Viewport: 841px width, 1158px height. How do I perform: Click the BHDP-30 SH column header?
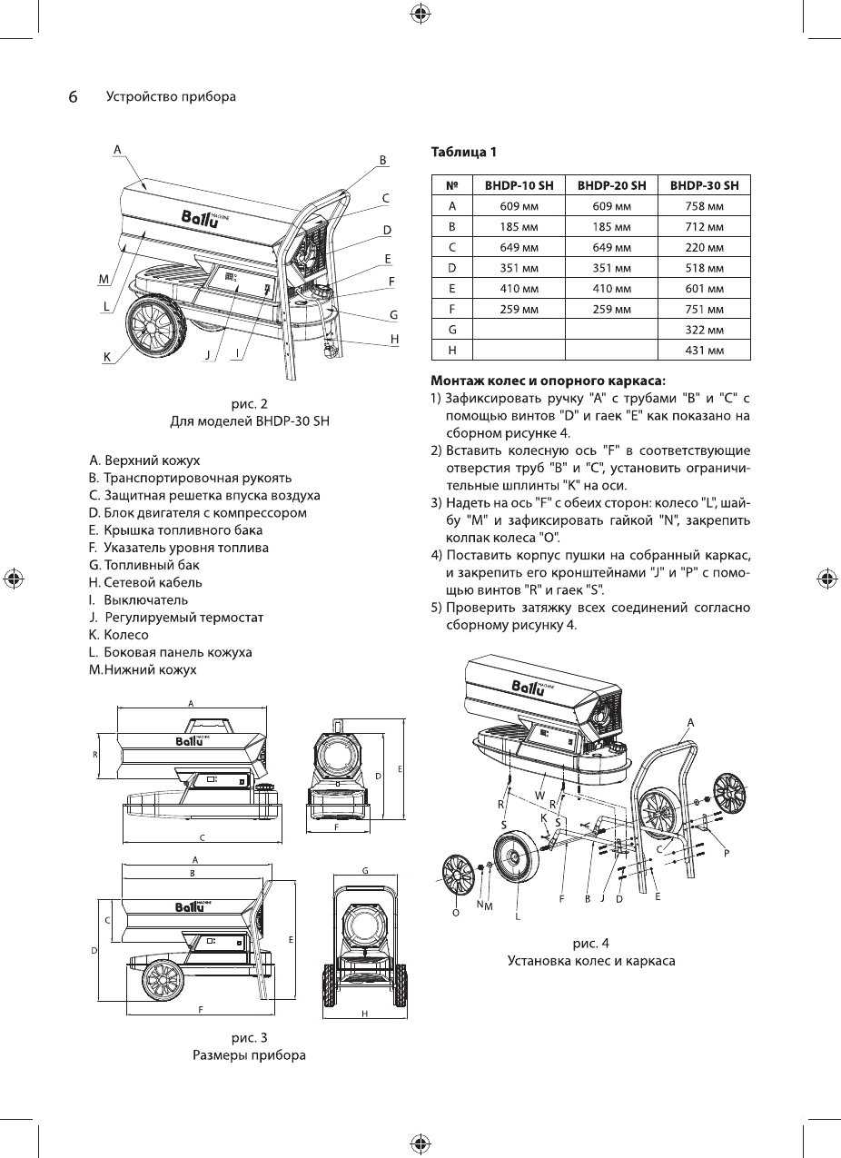704,185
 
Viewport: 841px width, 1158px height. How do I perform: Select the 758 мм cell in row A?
704,205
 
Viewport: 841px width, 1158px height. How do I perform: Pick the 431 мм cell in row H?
704,350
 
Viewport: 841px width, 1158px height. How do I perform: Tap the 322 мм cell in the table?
704,329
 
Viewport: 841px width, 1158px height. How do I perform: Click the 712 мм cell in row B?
704,226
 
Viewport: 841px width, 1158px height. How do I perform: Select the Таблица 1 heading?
463,151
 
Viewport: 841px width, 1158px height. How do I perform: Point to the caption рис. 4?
590,943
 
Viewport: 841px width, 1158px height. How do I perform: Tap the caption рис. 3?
249,1037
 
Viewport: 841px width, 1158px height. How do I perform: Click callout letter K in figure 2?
106,358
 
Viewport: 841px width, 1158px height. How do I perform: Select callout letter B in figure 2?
383,159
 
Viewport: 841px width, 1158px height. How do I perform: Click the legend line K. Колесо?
118,635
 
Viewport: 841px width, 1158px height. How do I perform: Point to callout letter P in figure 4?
727,853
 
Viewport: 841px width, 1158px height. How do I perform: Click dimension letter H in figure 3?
364,1014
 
